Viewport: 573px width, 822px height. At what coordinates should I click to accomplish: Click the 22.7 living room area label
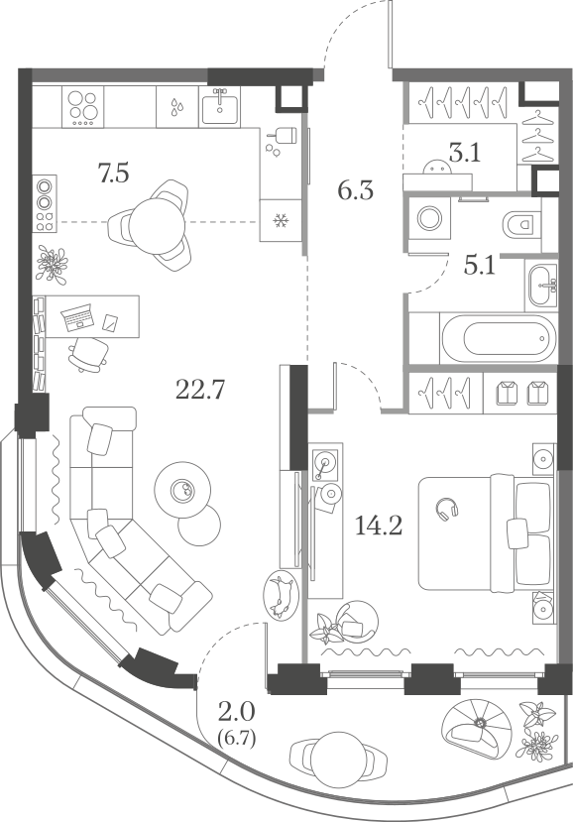[200, 390]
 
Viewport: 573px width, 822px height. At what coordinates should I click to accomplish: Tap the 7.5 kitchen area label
[114, 173]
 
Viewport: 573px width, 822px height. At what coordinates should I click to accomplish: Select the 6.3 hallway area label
[356, 190]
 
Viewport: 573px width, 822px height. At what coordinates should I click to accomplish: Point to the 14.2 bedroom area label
[379, 525]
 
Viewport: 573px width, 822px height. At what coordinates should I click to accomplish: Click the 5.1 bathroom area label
[480, 266]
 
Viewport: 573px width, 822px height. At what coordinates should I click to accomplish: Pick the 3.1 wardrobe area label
[465, 154]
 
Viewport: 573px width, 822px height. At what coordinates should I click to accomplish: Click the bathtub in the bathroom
[498, 338]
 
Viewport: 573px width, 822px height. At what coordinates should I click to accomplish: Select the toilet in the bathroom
[521, 224]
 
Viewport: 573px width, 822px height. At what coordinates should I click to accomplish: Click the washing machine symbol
[429, 218]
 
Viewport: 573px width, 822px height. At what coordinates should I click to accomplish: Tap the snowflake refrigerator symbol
[281, 221]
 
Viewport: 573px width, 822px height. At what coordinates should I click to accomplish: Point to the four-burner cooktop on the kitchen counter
[83, 107]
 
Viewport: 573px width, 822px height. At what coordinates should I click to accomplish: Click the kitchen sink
[220, 107]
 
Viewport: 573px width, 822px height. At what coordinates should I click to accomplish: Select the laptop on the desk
[78, 318]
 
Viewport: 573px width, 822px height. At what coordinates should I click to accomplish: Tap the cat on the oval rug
[280, 594]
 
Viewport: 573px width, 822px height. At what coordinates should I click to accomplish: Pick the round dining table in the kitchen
[158, 225]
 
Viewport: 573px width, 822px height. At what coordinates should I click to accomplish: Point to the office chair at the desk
[88, 354]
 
